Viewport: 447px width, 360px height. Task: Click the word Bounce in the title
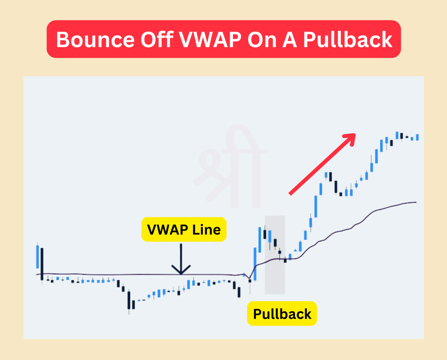95,39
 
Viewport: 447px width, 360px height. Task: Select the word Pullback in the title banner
347,39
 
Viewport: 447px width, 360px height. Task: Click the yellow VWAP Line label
184,230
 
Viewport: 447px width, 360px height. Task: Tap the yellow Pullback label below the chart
282,314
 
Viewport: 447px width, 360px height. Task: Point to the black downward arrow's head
181,271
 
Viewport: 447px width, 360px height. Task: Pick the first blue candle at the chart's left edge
37,257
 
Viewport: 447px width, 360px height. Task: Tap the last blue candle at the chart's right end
418,137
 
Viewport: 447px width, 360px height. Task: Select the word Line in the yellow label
207,230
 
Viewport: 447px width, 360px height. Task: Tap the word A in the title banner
289,39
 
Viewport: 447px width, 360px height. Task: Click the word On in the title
262,39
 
